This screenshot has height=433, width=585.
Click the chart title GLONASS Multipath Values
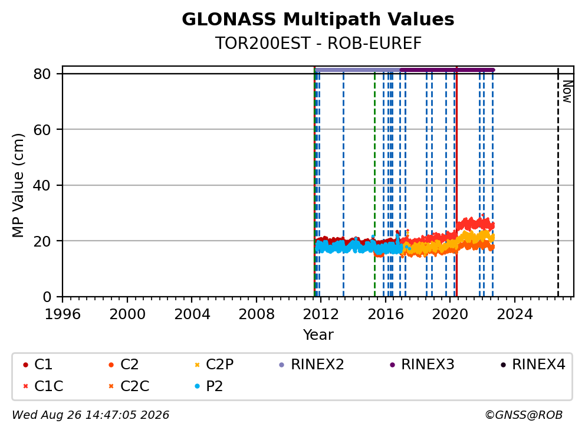318,19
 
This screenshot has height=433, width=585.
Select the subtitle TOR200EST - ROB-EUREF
318,43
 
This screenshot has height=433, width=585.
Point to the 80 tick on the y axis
42,74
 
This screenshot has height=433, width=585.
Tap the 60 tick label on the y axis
42,130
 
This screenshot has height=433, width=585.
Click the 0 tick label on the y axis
47,297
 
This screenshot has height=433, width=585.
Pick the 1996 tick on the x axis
63,314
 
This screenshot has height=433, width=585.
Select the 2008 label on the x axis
257,314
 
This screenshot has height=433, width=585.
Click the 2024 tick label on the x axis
514,314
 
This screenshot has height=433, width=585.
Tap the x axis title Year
318,335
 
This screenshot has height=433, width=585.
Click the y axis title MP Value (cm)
18,185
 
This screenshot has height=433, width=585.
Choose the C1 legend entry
38,365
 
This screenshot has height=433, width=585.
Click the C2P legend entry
214,365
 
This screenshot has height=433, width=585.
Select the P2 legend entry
209,386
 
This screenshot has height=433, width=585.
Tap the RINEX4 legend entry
533,365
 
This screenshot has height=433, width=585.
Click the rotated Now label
567,91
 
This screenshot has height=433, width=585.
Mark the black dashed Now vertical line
558,182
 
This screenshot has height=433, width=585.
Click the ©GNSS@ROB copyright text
524,415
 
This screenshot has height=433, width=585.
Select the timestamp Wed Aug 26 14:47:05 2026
91,415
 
